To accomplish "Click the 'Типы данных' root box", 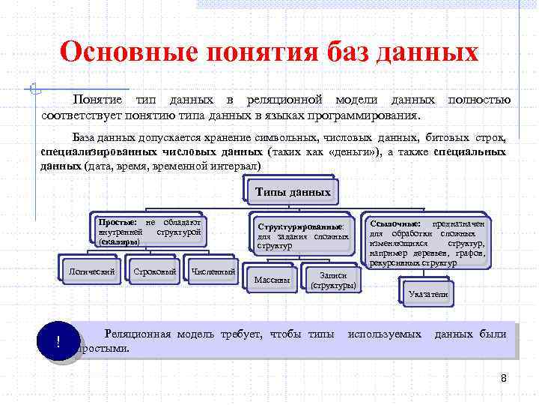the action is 292,192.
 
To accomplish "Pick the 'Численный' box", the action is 213,271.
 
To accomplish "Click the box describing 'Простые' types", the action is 150,232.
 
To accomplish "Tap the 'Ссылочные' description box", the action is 427,241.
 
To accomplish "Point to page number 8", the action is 504,379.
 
